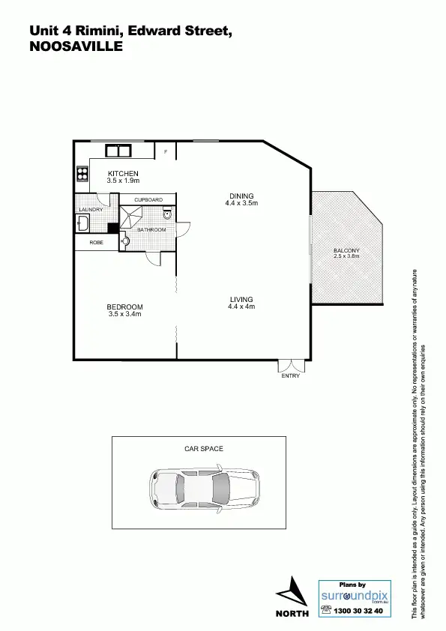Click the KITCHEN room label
point(123,174)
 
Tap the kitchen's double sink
point(118,151)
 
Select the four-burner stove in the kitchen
point(81,174)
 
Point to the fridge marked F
point(165,151)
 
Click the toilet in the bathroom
point(167,215)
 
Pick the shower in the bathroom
point(133,217)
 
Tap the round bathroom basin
point(125,241)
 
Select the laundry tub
point(82,223)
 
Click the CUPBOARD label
point(148,200)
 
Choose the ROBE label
point(96,243)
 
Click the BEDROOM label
point(124,307)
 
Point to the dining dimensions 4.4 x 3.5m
point(241,203)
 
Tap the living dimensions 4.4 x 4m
point(241,307)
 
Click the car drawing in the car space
point(205,489)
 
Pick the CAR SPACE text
point(204,449)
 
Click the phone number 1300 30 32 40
point(357,611)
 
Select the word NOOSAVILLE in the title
point(75,46)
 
